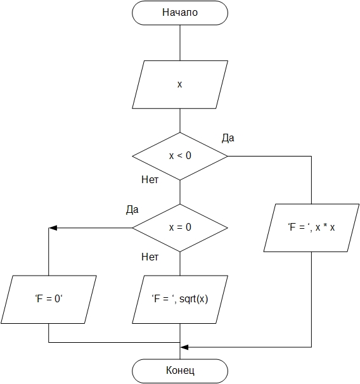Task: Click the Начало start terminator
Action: click(180, 13)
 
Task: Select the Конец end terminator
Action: click(180, 371)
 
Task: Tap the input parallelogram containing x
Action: click(180, 84)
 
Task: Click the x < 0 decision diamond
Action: click(180, 157)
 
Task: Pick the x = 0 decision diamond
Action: click(180, 227)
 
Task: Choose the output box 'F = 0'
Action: click(49, 300)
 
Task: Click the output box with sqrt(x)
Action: click(180, 300)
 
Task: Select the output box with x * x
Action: click(311, 227)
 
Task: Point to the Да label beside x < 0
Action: click(228, 138)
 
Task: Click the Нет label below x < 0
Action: click(150, 180)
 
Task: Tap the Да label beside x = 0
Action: click(132, 210)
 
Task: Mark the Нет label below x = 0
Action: click(150, 257)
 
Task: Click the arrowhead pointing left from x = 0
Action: click(53, 228)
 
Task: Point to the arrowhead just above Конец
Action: click(184, 347)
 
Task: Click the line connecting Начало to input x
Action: click(180, 43)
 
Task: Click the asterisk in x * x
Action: click(325, 226)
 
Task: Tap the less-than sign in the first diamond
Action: click(180, 156)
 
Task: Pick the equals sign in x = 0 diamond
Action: click(180, 227)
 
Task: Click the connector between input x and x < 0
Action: click(180, 120)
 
